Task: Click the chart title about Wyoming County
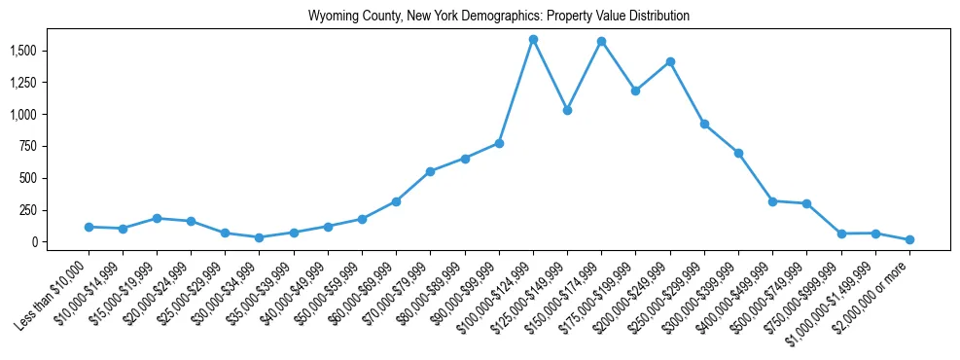tap(499, 17)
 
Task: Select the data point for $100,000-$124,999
tap(533, 40)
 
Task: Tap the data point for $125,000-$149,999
tap(567, 110)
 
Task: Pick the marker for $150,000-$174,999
tap(601, 41)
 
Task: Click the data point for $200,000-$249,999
tap(670, 61)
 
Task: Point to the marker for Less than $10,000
tap(89, 227)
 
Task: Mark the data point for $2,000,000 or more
tap(909, 239)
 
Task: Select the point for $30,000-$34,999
tap(259, 237)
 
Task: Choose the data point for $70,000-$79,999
tap(430, 171)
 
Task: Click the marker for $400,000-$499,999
tap(772, 201)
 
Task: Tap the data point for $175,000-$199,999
tap(635, 90)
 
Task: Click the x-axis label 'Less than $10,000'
tap(53, 289)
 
